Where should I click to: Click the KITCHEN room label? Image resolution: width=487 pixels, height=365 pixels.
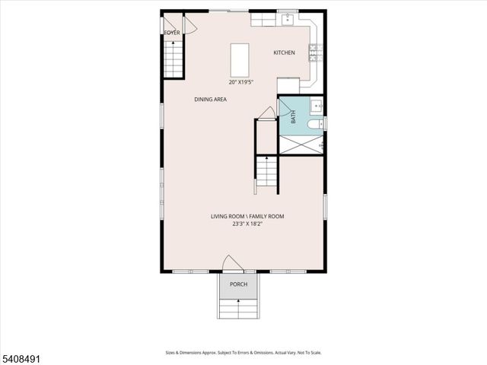(284, 52)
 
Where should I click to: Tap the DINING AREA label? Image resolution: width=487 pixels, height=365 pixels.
(210, 99)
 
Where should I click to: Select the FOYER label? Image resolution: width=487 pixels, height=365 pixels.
(172, 33)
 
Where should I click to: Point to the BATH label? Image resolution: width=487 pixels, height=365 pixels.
(294, 118)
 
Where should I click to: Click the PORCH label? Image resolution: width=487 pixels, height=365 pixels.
(238, 284)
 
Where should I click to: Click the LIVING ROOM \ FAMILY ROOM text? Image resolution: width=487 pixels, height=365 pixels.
(247, 217)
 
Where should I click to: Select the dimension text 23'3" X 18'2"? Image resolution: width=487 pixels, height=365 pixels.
(247, 224)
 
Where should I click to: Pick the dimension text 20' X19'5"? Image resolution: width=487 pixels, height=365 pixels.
(241, 82)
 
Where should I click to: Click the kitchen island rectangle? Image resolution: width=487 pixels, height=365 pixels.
(240, 58)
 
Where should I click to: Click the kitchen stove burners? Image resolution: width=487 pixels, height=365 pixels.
(314, 52)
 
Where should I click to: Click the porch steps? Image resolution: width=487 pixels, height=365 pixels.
(238, 309)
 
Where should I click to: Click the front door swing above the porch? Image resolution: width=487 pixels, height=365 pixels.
(232, 264)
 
